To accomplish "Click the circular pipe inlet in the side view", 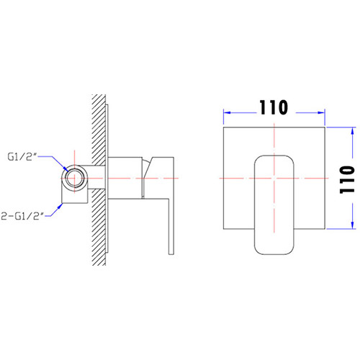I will pos(73,176).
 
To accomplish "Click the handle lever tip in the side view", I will pos(170,248).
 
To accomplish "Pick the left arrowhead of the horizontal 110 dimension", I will pos(225,112).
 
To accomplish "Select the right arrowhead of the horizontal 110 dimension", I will pos(320,112).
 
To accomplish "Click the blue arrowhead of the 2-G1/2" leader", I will pos(64,204).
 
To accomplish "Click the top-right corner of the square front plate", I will pos(323,129).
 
